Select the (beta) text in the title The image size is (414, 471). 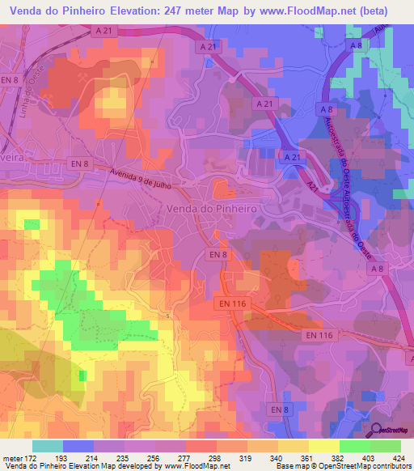coord(371,11)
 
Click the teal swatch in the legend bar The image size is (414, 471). coord(48,446)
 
